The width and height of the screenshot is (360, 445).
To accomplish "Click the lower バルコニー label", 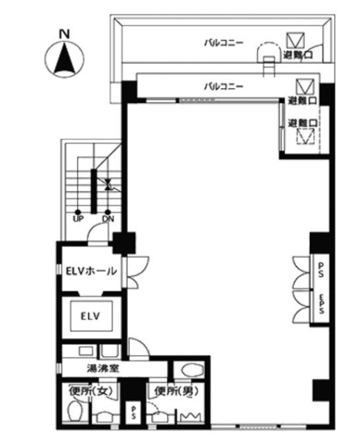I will click(x=223, y=87).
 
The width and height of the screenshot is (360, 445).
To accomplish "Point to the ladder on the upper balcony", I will click(x=268, y=63).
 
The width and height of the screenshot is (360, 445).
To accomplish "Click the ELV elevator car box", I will click(x=91, y=316).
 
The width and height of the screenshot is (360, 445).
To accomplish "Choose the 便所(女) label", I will click(x=90, y=391).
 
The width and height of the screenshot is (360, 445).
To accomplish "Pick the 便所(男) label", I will click(x=173, y=391).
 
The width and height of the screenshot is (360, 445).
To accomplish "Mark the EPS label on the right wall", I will click(x=322, y=306).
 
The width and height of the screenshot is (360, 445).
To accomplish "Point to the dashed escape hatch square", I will click(x=303, y=138).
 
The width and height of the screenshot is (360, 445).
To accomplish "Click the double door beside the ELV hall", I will click(x=133, y=272).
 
